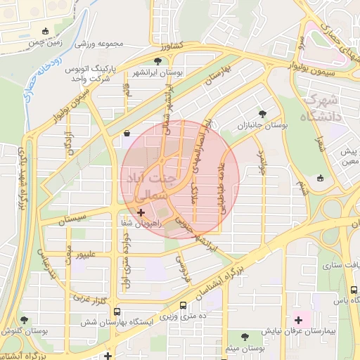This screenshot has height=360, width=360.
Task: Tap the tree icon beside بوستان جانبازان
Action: tap(263, 112)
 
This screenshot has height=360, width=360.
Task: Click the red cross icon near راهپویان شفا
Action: tap(141, 212)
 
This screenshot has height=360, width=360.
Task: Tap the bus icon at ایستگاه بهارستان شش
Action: tap(116, 311)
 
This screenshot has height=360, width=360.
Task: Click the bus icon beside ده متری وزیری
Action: tap(184, 306)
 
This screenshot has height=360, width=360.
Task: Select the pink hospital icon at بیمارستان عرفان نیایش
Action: tap(298, 320)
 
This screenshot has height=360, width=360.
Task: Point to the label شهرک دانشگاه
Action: tap(324, 108)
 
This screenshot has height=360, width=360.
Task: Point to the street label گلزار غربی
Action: tap(89, 299)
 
